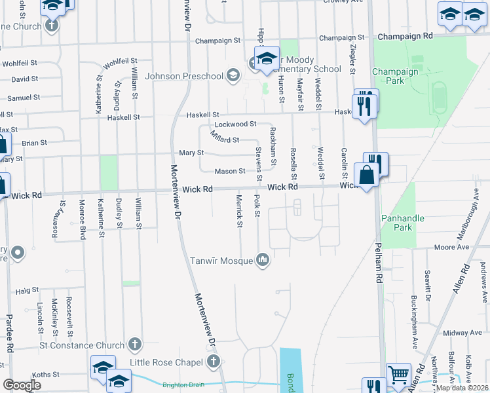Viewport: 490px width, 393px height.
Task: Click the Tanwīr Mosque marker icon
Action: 263,261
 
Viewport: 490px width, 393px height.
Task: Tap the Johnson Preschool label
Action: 184,76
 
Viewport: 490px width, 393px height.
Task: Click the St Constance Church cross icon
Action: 134,344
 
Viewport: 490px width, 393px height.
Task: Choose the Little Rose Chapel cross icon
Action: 213,361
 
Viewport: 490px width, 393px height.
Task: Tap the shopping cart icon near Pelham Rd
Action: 398,375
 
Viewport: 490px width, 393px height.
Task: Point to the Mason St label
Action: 231,171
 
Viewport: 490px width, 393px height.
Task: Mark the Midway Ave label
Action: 457,333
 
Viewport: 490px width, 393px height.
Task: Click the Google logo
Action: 22,384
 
